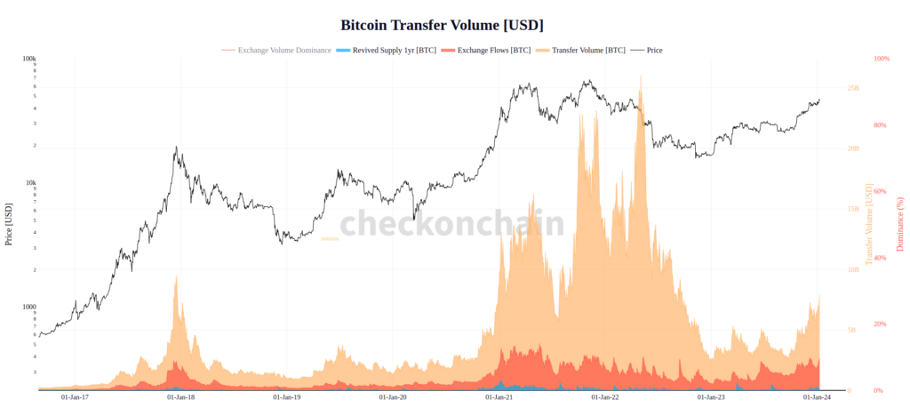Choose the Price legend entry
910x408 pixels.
click(x=653, y=50)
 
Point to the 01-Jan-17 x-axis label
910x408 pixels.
click(x=74, y=397)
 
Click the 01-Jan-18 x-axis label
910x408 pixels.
click(x=180, y=397)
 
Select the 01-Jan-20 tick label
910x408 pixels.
click(x=393, y=397)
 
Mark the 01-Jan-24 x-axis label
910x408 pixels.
click(x=817, y=397)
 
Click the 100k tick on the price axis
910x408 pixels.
click(x=29, y=59)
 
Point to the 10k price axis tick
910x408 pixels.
click(x=31, y=183)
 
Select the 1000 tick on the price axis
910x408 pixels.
click(x=29, y=307)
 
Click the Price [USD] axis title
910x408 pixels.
click(x=9, y=224)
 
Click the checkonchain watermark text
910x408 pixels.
click(x=452, y=223)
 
